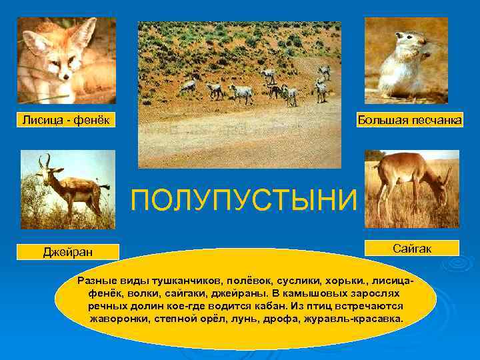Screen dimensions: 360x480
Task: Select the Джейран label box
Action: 68,251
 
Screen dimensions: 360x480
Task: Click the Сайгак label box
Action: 413,248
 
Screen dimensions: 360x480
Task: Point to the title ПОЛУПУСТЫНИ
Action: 244,200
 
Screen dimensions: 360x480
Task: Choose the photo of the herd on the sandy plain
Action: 239,94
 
